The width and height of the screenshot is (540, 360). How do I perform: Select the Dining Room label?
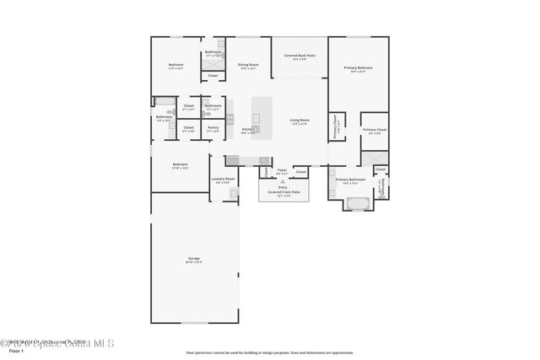pos(248,66)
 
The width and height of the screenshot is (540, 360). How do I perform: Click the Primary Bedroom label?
pos(359,69)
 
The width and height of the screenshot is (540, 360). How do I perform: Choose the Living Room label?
pos(300,122)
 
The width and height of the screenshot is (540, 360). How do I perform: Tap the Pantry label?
pos(213,129)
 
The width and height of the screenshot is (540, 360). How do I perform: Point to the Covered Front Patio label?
pos(283,192)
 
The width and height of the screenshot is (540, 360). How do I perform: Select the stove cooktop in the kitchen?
pos(234,160)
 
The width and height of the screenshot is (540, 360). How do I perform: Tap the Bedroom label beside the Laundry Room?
pos(181,166)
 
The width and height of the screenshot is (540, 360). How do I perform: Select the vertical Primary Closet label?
pos(337,127)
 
